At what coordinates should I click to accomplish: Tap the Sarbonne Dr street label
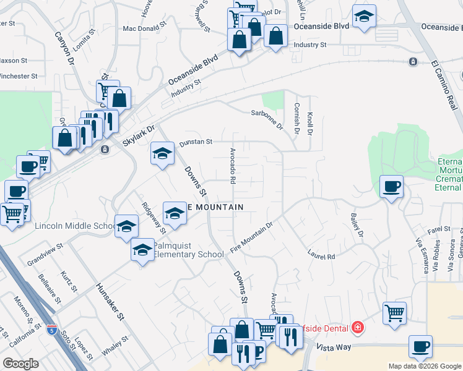coord(267,117)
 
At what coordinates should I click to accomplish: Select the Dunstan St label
coord(196,142)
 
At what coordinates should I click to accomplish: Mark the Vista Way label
coord(334,348)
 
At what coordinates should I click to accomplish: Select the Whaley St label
coord(115,345)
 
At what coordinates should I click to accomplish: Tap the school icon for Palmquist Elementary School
coord(142,250)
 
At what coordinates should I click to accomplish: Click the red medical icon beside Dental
coord(357,326)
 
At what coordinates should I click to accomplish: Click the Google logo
coord(21,364)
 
